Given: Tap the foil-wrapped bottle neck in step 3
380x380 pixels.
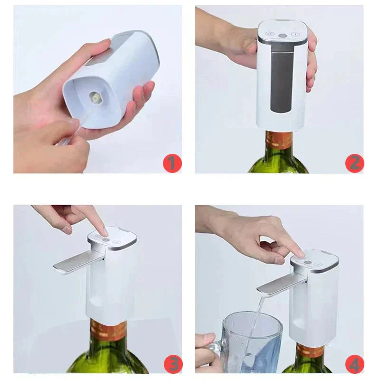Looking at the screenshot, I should tap(109, 331).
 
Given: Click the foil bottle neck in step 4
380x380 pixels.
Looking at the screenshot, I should tap(311, 351).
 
